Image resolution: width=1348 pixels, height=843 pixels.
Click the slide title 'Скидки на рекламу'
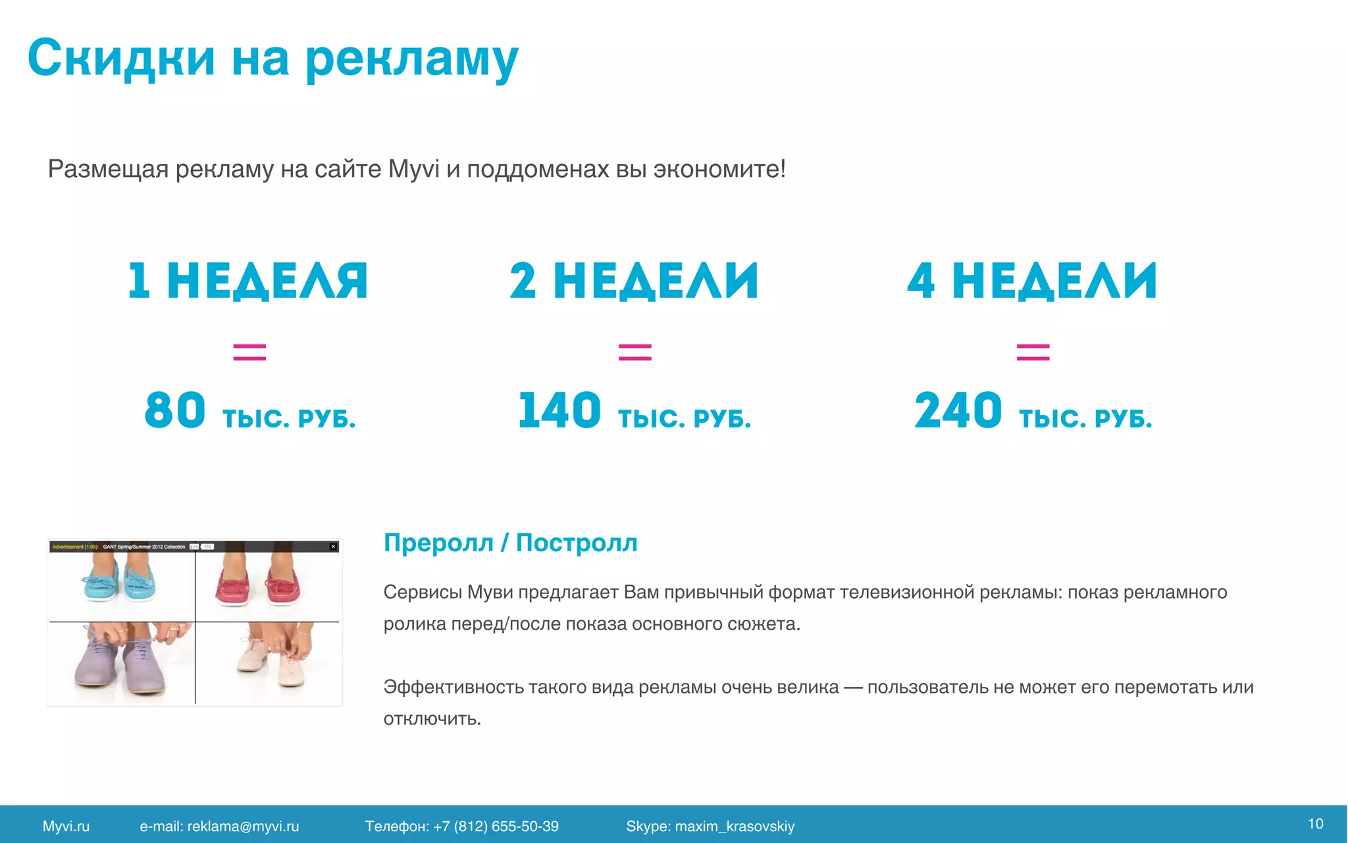272,58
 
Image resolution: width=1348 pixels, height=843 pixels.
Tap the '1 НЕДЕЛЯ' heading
247,281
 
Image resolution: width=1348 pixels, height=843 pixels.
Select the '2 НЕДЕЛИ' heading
634,281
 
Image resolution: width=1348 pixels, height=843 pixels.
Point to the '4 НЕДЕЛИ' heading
1031,281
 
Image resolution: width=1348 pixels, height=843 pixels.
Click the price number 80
175,410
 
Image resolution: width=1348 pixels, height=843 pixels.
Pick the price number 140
559,410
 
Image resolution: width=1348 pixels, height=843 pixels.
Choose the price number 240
958,410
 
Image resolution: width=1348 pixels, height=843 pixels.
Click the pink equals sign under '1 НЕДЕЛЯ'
249,352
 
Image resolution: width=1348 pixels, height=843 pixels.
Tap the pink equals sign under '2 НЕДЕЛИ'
635,352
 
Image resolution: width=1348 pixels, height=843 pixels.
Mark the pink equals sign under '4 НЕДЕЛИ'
1033,352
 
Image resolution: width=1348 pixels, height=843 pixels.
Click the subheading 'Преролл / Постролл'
510,543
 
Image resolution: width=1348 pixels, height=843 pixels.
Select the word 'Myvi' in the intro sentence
413,169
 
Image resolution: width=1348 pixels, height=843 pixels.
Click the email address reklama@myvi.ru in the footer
243,827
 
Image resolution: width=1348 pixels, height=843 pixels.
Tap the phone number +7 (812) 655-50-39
496,827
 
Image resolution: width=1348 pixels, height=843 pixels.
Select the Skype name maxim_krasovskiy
735,827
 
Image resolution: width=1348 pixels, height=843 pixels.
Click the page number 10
1315,824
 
